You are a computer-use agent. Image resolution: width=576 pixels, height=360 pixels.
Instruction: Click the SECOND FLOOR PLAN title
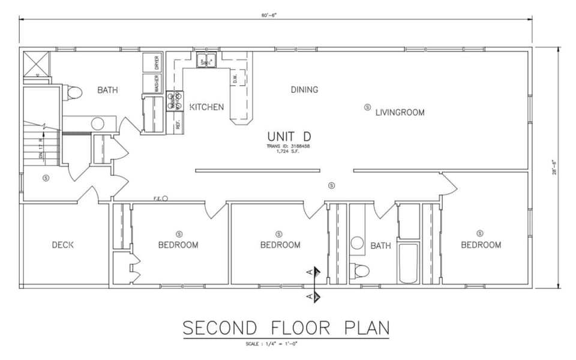286,328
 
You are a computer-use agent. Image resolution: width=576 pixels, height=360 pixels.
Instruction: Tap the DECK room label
62,245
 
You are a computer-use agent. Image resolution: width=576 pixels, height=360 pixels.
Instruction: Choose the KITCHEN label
206,107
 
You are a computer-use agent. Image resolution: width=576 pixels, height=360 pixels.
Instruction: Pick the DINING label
304,90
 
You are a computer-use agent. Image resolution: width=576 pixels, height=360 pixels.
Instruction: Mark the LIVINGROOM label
400,112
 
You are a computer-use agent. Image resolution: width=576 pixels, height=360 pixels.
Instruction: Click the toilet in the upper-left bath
74,92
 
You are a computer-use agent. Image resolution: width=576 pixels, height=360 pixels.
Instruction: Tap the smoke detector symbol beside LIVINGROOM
367,107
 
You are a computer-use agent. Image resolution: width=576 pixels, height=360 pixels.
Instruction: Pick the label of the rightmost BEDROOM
481,245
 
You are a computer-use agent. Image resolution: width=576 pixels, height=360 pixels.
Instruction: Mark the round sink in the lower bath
358,243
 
